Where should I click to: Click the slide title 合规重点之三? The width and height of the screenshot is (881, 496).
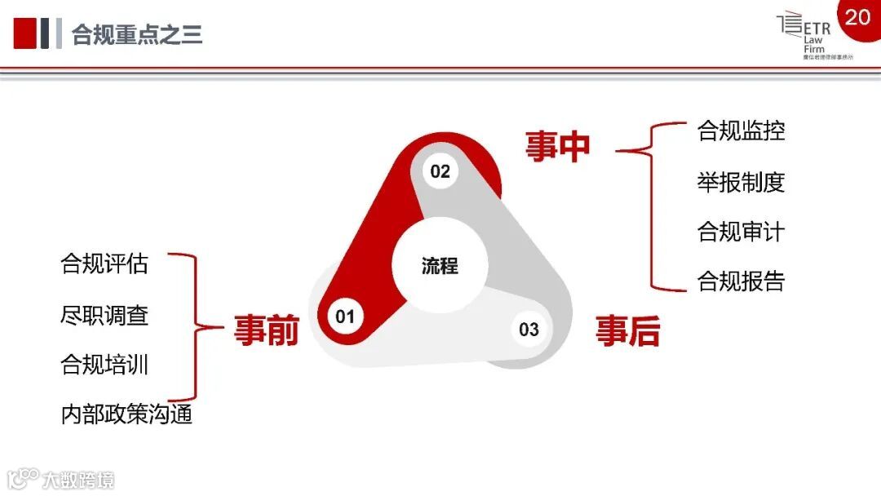137,35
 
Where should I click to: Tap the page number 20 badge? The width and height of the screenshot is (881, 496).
857,16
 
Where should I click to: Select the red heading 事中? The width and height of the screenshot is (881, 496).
557,146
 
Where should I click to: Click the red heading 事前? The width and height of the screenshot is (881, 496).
266,330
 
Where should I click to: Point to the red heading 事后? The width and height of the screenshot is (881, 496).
627,330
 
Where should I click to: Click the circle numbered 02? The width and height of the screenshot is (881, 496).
440,171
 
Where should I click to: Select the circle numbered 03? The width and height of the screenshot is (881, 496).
529,330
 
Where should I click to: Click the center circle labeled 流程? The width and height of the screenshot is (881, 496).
440,266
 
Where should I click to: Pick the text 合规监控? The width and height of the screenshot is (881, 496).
741,131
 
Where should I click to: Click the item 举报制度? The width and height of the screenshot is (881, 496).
741,181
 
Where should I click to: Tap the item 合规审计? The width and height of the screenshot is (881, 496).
741,232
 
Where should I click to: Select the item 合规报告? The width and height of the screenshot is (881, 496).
741,281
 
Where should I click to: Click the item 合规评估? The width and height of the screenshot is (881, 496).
104,264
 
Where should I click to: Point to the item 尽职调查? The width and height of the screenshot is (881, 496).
104,315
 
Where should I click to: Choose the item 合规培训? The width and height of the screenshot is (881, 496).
104,365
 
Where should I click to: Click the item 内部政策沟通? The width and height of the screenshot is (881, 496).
126,414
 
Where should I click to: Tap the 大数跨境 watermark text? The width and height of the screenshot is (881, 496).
78,479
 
